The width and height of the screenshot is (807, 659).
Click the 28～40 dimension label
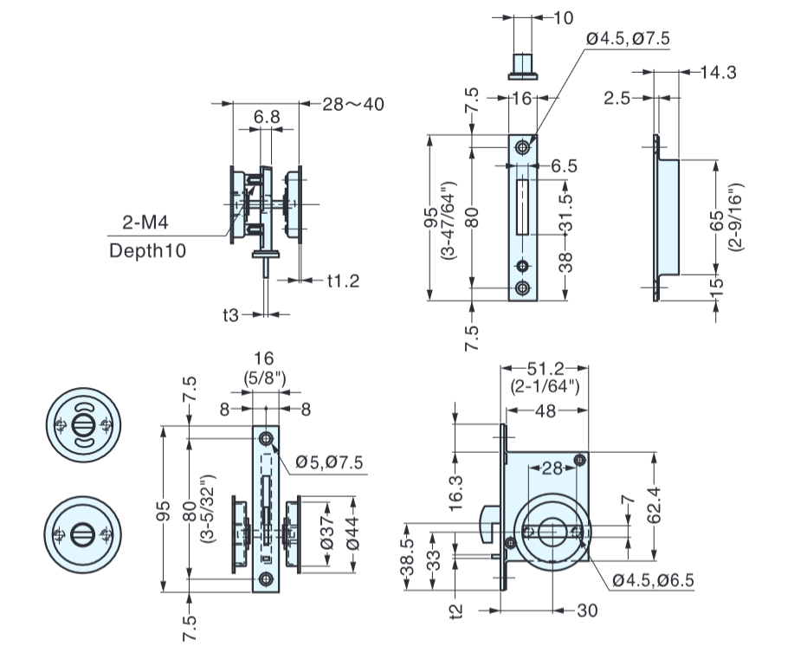pos(353,105)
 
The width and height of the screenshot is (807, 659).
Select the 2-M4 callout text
pos(145,223)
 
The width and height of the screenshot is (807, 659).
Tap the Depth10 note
pos(148,250)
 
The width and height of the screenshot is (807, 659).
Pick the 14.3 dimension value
pos(718,73)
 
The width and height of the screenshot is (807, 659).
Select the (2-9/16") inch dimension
pos(735,217)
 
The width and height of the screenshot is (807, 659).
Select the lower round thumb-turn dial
pos(81,534)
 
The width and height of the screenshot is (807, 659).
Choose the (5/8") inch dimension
pos(264,377)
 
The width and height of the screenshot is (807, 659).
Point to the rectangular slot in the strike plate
pos(523,206)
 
